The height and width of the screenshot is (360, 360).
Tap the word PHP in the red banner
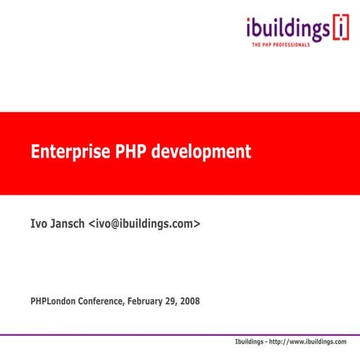tap(124, 152)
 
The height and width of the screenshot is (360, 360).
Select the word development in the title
tap(200, 152)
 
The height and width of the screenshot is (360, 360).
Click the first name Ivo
tap(40, 223)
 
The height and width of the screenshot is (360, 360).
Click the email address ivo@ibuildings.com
tap(145, 223)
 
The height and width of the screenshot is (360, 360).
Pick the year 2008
tap(190, 302)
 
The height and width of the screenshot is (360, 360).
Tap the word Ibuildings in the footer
tap(253, 342)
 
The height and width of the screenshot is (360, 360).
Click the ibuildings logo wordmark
tap(287, 29)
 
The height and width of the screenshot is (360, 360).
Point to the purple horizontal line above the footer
tap(180, 334)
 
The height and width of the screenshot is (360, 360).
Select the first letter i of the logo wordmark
tap(249, 28)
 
